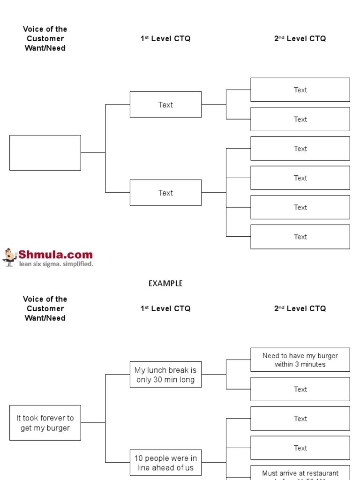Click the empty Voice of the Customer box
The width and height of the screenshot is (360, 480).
(x=45, y=153)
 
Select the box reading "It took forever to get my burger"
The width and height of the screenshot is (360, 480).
(x=45, y=423)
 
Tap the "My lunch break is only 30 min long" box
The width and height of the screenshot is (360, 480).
(x=165, y=375)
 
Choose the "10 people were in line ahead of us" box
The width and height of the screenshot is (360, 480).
(x=165, y=463)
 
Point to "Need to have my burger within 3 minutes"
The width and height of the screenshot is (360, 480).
(x=300, y=360)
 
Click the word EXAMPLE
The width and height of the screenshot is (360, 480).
(x=165, y=283)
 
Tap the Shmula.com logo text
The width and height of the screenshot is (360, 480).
(x=55, y=255)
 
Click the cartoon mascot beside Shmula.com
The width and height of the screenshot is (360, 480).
(x=9, y=257)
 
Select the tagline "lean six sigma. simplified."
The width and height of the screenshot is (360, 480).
(x=56, y=264)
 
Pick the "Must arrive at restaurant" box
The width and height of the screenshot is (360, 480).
(x=300, y=473)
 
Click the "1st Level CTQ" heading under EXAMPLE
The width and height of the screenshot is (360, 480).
(x=165, y=308)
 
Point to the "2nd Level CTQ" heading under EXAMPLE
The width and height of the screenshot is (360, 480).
(x=300, y=308)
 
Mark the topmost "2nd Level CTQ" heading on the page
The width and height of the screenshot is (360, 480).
(x=300, y=38)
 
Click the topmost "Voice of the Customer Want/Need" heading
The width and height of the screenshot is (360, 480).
(x=45, y=38)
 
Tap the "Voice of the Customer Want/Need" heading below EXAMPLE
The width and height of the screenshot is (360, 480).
(x=45, y=308)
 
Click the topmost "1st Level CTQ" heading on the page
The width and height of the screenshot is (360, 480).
(x=165, y=38)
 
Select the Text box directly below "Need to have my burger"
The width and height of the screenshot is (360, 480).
(x=300, y=389)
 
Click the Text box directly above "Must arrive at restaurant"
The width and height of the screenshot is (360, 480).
(x=300, y=448)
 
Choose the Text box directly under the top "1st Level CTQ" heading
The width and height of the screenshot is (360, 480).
(x=165, y=105)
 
